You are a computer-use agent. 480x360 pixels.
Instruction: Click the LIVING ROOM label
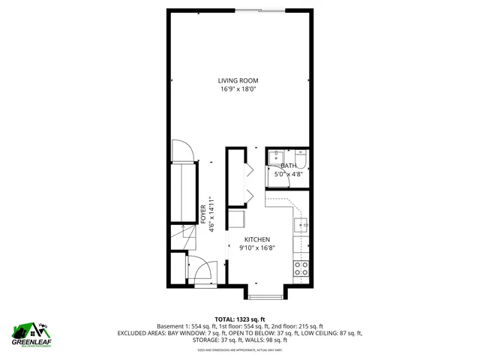tap(239, 80)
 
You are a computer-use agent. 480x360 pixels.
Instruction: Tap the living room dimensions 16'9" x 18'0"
tap(239, 89)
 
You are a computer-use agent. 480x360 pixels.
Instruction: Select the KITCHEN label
tap(256, 239)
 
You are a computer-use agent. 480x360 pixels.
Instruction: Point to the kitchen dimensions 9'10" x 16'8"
tap(256, 248)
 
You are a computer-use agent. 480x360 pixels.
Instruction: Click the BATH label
tap(288, 166)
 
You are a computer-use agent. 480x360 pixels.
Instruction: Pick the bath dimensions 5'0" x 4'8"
tap(288, 174)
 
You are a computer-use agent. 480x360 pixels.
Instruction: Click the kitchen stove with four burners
tap(301, 269)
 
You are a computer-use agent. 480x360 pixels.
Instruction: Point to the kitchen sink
tap(302, 224)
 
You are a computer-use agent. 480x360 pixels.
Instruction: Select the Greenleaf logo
tap(31, 332)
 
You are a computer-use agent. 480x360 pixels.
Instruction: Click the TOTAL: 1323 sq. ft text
tap(239, 319)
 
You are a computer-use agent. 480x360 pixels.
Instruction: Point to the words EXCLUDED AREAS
tap(139, 333)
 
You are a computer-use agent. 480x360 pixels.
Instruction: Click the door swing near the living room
tap(184, 152)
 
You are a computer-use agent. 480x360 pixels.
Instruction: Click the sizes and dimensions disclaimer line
tap(239, 349)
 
